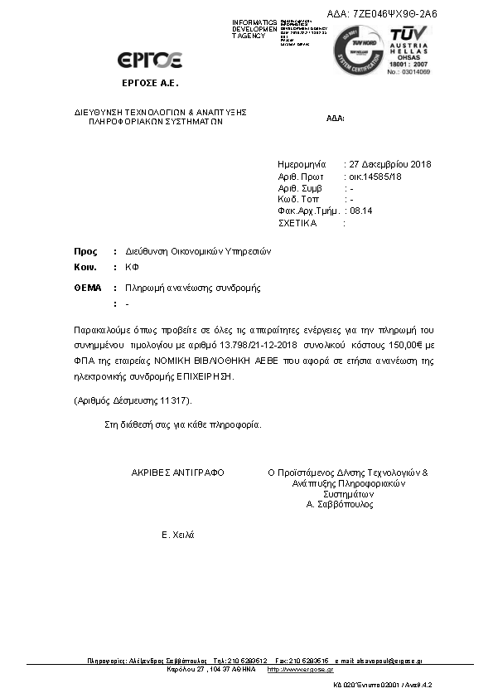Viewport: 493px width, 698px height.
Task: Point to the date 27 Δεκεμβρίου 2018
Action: tap(390, 164)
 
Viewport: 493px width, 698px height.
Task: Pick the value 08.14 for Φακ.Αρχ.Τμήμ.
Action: tap(362, 211)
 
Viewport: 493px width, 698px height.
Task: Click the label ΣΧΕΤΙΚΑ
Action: tap(297, 223)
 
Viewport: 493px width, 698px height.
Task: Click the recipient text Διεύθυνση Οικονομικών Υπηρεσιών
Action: tap(199, 251)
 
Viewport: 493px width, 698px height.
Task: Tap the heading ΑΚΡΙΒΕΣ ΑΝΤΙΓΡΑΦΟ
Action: tap(177, 472)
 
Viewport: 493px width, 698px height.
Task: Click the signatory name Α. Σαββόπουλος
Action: tap(340, 504)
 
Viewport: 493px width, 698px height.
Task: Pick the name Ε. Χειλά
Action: tap(177, 535)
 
